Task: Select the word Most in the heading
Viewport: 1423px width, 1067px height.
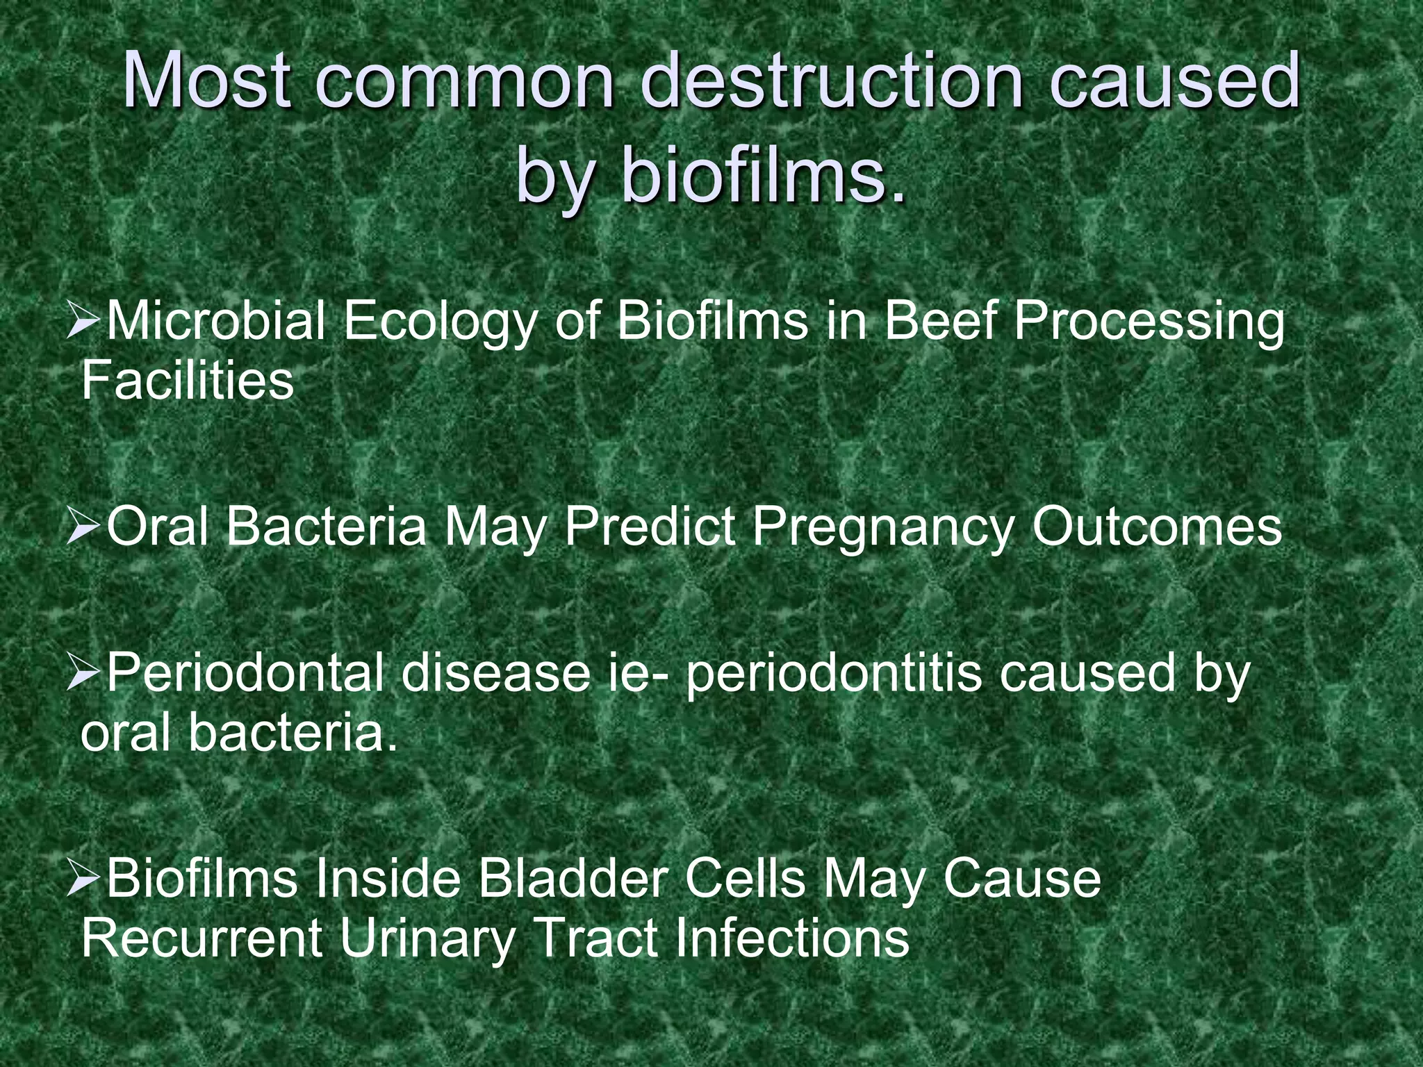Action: point(206,82)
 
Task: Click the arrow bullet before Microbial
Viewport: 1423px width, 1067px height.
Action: point(85,324)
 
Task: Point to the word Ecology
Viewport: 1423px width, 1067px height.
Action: point(441,324)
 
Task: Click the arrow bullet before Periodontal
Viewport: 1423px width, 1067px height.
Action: point(85,676)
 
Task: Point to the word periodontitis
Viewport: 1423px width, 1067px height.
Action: point(833,675)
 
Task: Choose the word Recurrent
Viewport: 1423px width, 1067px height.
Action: point(201,939)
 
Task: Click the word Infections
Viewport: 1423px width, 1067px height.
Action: point(791,939)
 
